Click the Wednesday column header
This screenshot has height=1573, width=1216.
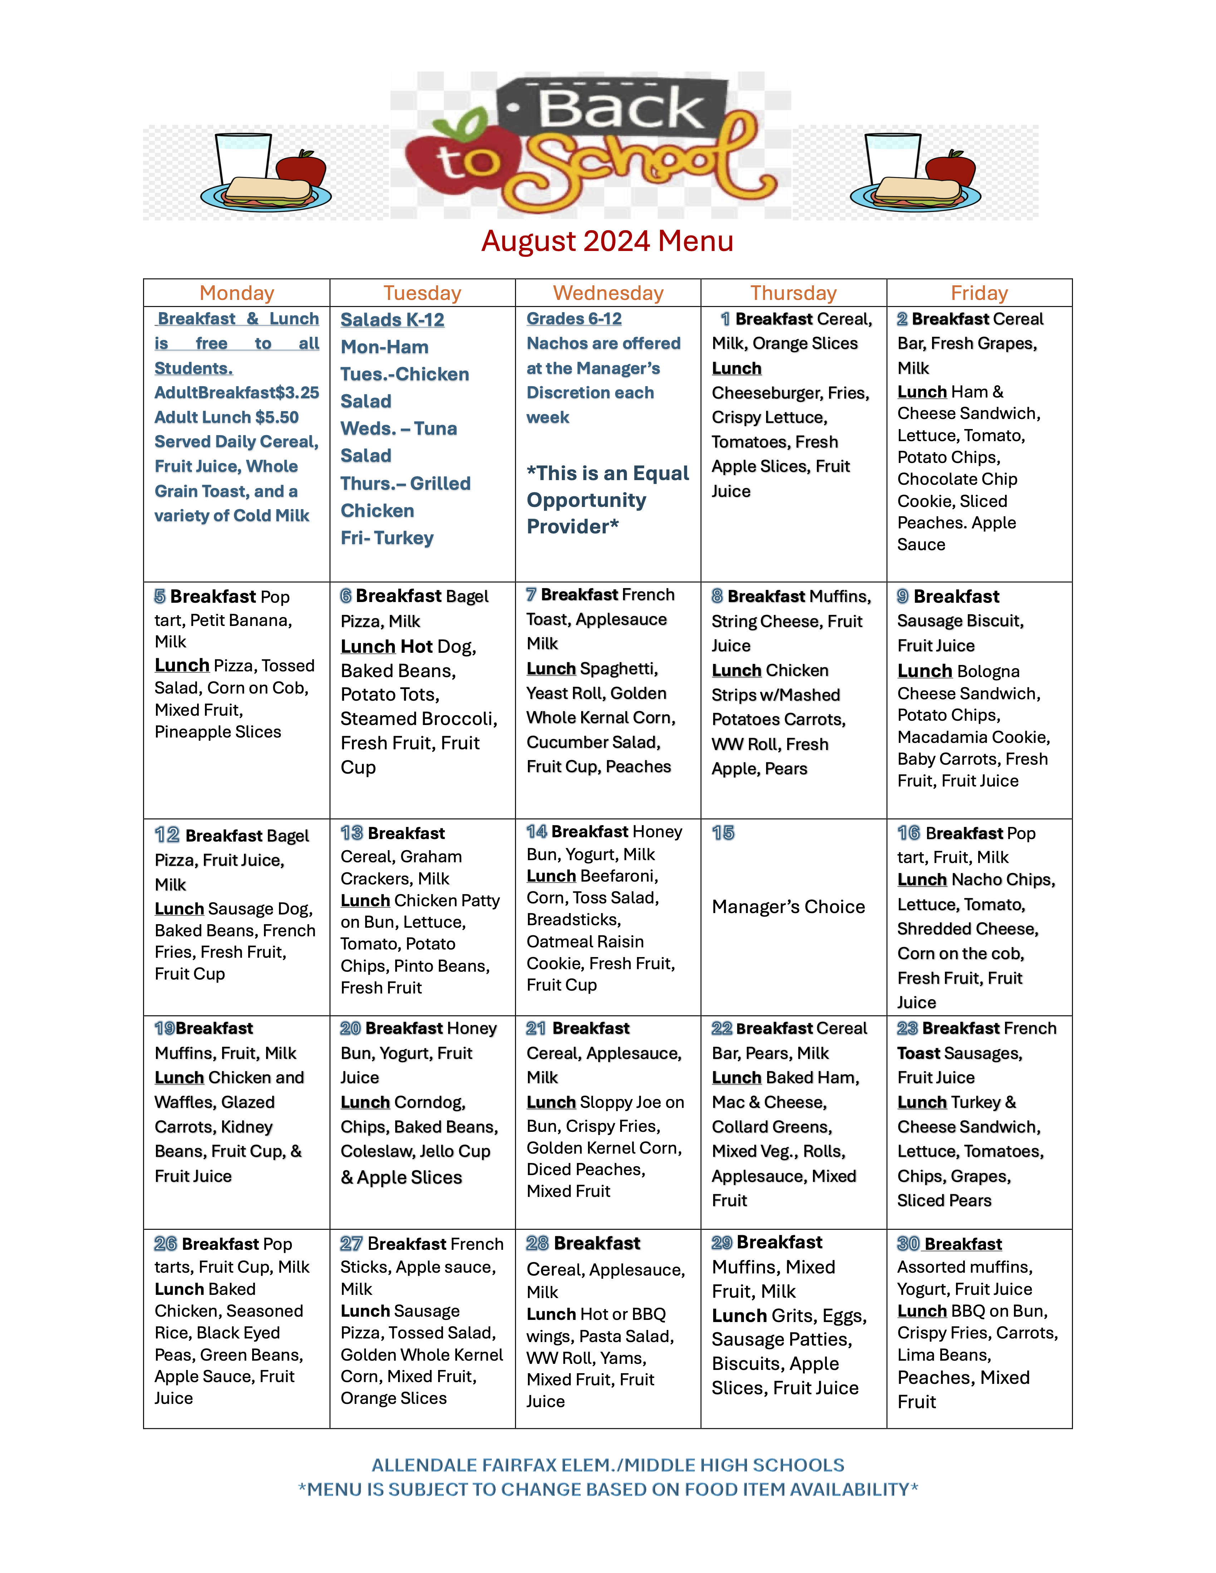tap(608, 293)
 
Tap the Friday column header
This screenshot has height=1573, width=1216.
tap(979, 293)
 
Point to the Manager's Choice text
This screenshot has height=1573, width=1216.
tap(788, 907)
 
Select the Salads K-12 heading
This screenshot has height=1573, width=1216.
tap(393, 320)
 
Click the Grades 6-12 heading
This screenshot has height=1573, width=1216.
tap(574, 319)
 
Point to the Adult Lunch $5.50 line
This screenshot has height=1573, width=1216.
tap(226, 418)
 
